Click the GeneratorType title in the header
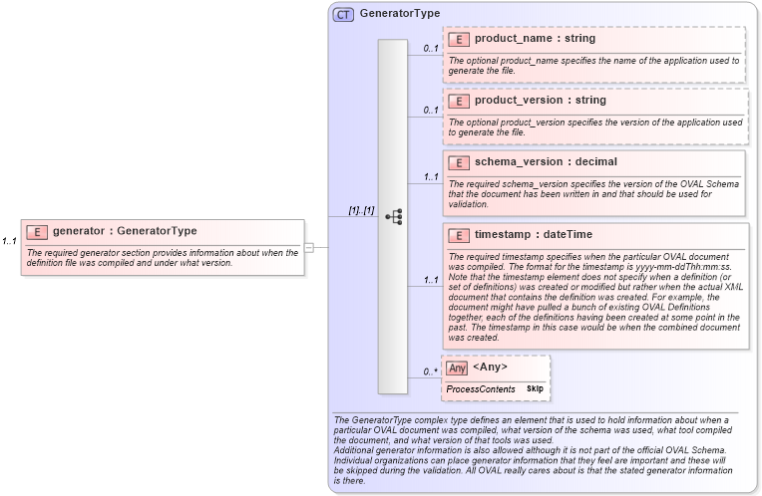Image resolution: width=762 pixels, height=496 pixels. [400, 14]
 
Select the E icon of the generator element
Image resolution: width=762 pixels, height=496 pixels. [37, 232]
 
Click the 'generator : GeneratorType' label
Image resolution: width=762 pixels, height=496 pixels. [125, 231]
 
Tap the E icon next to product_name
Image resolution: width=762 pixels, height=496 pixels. [459, 39]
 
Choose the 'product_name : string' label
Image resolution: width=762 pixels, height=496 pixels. [535, 39]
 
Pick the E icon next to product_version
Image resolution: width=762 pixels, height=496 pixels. [459, 101]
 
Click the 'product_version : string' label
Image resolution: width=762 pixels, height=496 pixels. [540, 101]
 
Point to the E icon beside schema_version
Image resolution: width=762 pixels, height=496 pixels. [459, 162]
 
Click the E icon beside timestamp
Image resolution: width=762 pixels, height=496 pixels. [459, 235]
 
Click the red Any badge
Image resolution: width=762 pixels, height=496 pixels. [457, 369]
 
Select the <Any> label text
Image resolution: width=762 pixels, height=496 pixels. [490, 368]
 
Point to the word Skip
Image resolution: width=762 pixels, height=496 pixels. [535, 388]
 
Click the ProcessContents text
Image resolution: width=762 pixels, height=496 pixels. [480, 388]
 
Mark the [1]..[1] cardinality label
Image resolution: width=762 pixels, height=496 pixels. [361, 210]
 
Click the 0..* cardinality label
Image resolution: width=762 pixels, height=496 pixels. [431, 372]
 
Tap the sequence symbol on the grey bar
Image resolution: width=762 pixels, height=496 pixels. [393, 216]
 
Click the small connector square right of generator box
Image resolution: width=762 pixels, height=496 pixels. [309, 246]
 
